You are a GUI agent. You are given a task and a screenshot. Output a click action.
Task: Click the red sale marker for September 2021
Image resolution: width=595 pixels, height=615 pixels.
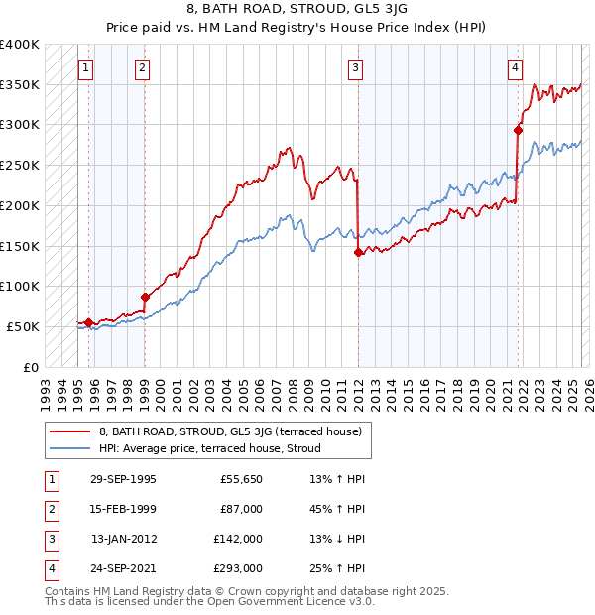coord(518,130)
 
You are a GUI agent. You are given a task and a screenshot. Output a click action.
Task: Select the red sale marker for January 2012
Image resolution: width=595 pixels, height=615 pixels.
coord(358,253)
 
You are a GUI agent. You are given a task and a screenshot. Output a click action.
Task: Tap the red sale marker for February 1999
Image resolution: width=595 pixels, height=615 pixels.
coord(145,297)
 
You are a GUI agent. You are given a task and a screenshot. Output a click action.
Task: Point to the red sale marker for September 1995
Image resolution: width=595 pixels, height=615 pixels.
coord(88,321)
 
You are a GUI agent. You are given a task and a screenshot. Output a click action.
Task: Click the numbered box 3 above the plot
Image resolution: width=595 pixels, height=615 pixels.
coord(355,68)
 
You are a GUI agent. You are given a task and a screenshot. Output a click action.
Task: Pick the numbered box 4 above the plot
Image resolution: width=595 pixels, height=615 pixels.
coord(516,68)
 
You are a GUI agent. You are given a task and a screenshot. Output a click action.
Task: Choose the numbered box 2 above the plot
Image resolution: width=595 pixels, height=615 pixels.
coord(143,68)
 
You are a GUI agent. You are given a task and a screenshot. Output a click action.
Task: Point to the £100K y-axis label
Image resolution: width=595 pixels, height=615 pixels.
coord(20,286)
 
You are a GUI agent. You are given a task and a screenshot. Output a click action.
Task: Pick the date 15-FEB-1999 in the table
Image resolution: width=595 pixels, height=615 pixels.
coord(123,509)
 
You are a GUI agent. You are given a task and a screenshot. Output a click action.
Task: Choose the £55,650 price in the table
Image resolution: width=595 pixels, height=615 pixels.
coord(240,479)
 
